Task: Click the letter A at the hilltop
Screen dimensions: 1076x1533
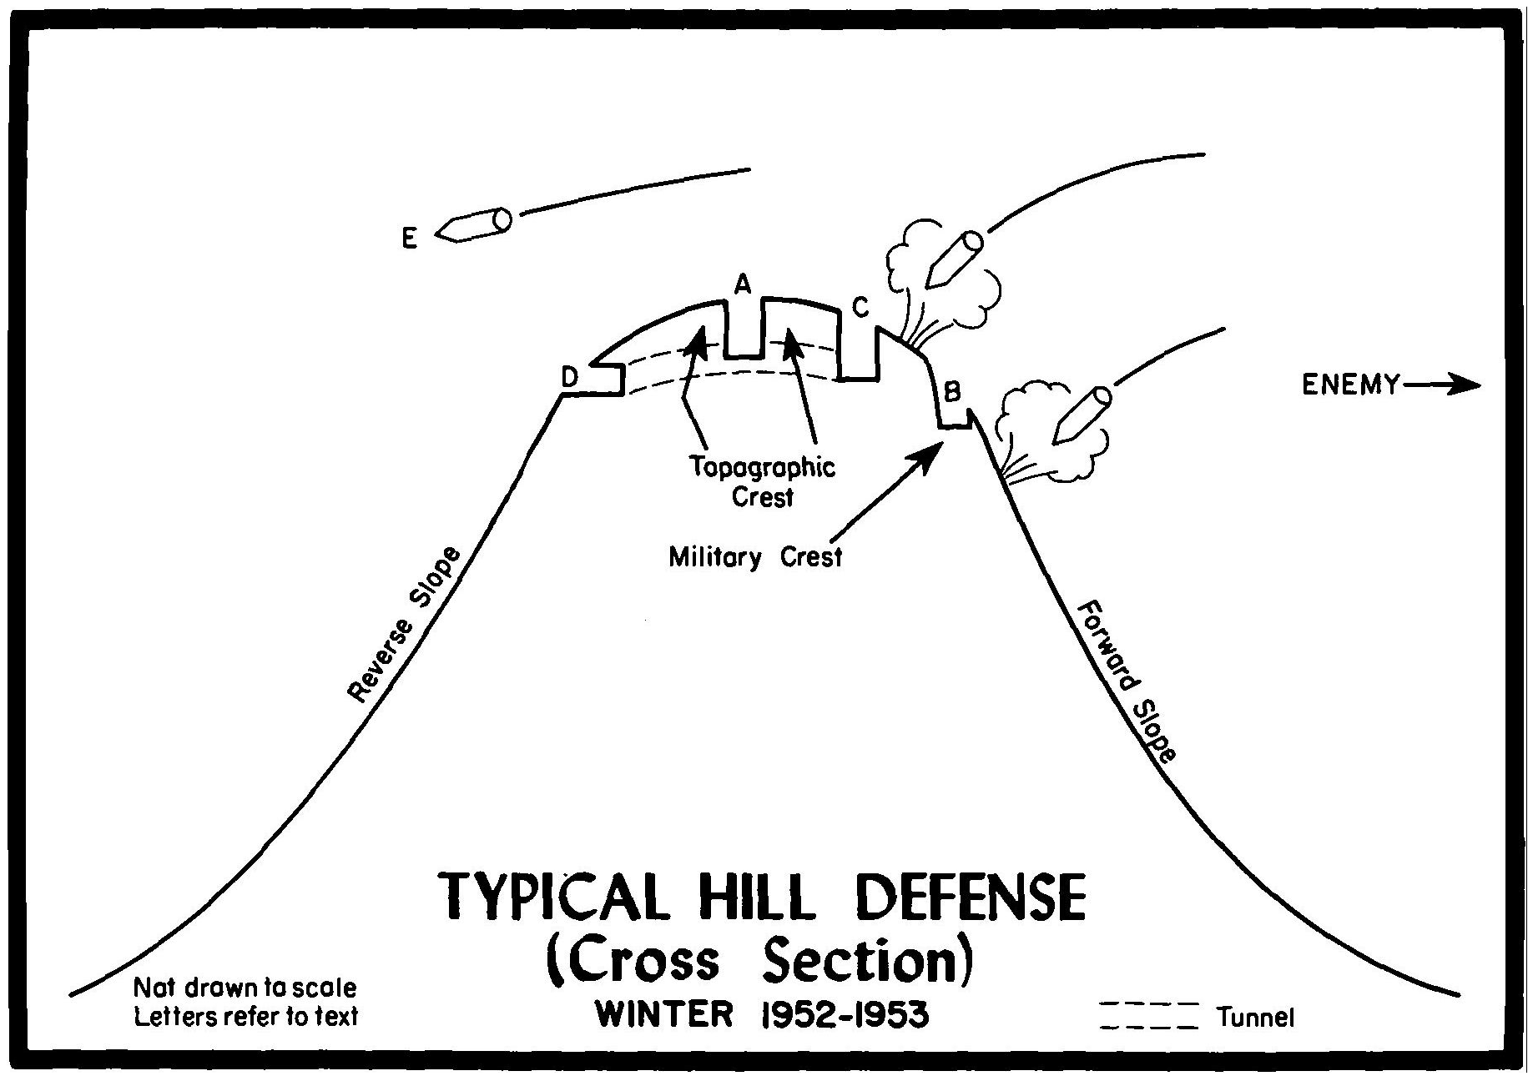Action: pyautogui.click(x=742, y=285)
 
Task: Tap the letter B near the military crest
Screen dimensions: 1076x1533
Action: pyautogui.click(x=952, y=390)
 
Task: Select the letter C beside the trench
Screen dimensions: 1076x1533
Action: pyautogui.click(x=860, y=308)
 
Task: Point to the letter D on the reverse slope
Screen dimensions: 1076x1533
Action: pyautogui.click(x=569, y=378)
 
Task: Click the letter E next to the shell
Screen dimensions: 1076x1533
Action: pyautogui.click(x=410, y=239)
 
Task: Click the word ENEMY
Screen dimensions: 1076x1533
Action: pyautogui.click(x=1350, y=385)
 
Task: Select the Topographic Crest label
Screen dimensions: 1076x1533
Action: pyautogui.click(x=762, y=481)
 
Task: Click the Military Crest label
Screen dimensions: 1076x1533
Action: pyautogui.click(x=755, y=557)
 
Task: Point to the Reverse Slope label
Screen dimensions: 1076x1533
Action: pyautogui.click(x=403, y=625)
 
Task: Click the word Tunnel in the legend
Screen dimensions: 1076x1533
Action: pyautogui.click(x=1255, y=1018)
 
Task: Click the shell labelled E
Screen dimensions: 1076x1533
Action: pyautogui.click(x=473, y=224)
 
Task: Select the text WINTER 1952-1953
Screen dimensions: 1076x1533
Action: pyautogui.click(x=760, y=1015)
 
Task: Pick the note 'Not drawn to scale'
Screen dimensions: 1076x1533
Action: pyautogui.click(x=245, y=988)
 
